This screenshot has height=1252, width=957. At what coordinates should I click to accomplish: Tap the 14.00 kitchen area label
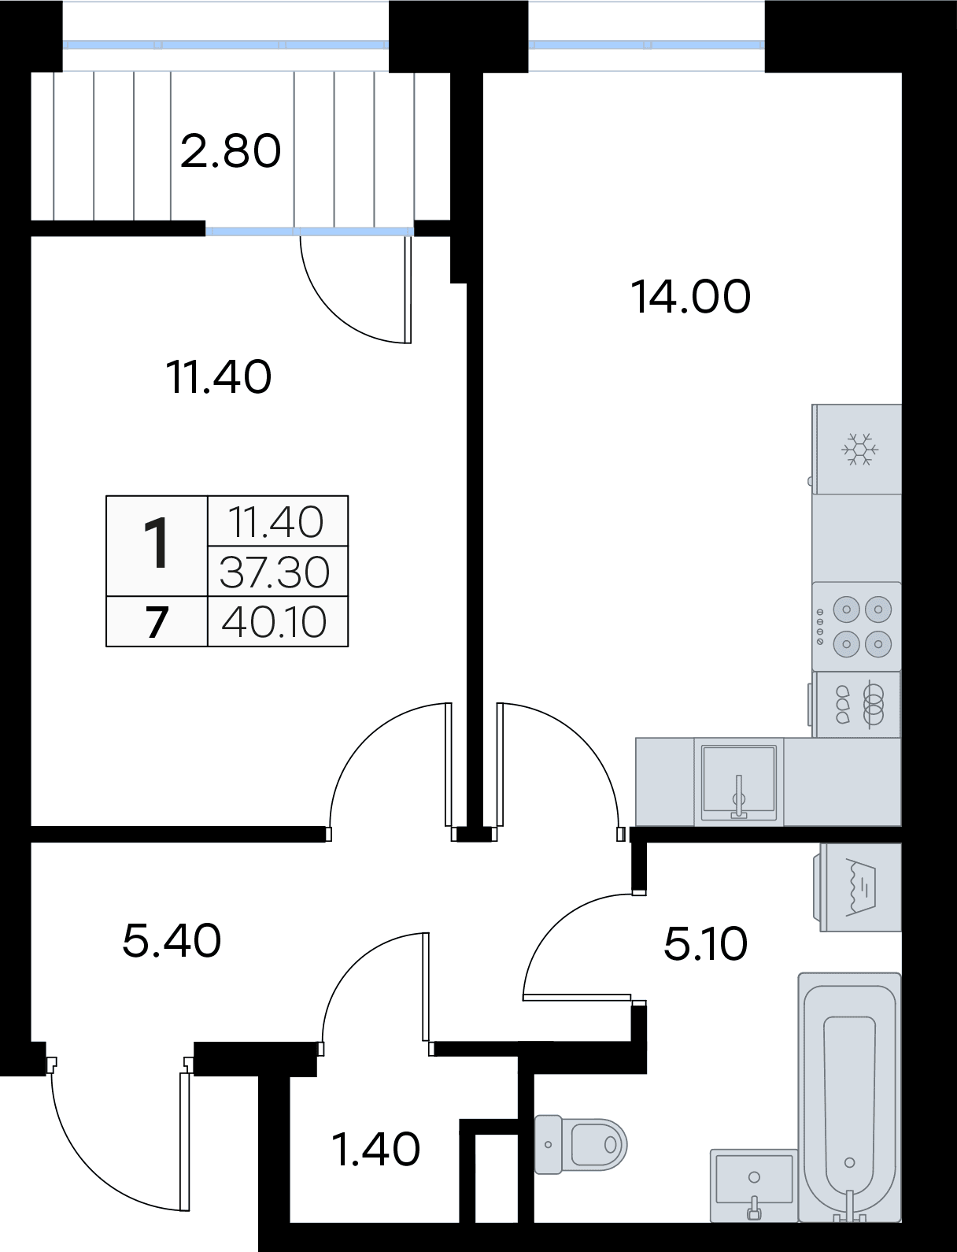pyautogui.click(x=691, y=297)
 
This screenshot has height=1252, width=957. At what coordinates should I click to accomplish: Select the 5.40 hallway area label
pyautogui.click(x=172, y=940)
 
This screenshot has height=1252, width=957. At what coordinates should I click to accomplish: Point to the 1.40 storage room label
pyautogui.click(x=375, y=1149)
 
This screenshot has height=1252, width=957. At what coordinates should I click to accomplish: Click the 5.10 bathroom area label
pyautogui.click(x=705, y=944)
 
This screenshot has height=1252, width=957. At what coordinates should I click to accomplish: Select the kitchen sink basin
pyautogui.click(x=738, y=781)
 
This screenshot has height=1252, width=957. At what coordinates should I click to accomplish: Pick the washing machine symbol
pyautogui.click(x=860, y=887)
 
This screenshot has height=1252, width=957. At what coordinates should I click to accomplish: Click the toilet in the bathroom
pyautogui.click(x=580, y=1143)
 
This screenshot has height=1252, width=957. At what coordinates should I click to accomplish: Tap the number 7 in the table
pyautogui.click(x=157, y=623)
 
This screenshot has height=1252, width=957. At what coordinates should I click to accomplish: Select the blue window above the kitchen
pyautogui.click(x=646, y=44)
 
